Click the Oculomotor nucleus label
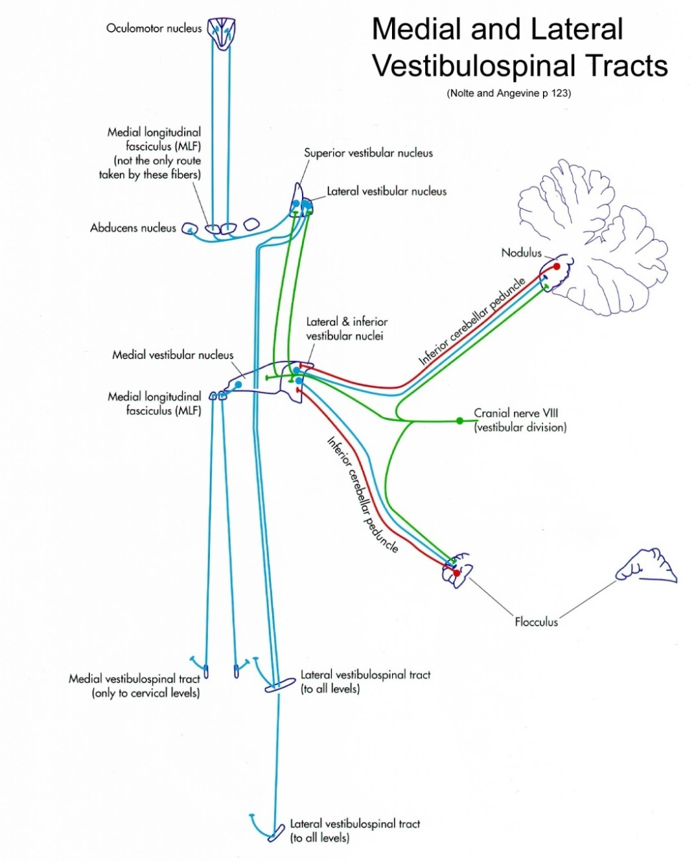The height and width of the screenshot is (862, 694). [x=154, y=28]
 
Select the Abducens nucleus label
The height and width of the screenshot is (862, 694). [x=133, y=228]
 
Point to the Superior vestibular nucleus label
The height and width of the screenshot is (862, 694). [x=368, y=153]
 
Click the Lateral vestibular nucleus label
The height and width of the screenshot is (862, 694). [x=387, y=192]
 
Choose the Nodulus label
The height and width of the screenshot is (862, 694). [x=521, y=253]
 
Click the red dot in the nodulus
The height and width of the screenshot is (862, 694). [x=557, y=267]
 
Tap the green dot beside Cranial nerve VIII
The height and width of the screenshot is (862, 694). [x=460, y=421]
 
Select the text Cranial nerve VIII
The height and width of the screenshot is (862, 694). [x=516, y=413]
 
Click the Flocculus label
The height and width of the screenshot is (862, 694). [x=536, y=622]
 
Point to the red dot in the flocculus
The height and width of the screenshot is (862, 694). [x=457, y=574]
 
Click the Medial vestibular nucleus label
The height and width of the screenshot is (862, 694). [x=173, y=355]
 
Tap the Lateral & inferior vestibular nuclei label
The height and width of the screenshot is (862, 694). [x=347, y=328]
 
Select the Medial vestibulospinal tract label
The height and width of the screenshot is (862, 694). [x=134, y=685]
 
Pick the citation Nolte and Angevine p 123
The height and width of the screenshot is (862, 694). [x=508, y=93]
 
